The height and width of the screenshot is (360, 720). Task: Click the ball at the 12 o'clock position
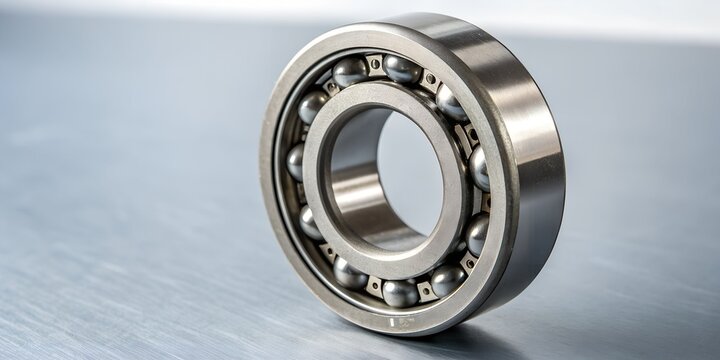tap(403, 69)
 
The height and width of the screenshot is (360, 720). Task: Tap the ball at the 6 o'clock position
tap(401, 292)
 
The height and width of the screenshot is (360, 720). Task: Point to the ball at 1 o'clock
tap(451, 103)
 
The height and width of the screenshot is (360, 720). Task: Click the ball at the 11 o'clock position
tap(350, 71)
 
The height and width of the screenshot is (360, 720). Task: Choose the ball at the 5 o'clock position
tap(447, 280)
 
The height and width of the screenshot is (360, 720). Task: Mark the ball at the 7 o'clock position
tap(350, 273)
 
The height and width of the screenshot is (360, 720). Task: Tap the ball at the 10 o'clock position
tap(312, 106)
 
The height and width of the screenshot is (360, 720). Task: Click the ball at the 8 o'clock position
tap(310, 222)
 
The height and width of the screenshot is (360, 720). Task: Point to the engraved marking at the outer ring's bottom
tap(400, 322)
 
